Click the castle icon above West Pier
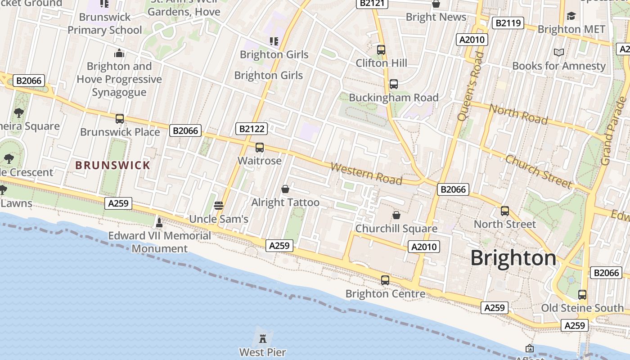pyautogui.click(x=262, y=338)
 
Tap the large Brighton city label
pyautogui.click(x=513, y=258)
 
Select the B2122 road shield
pyautogui.click(x=252, y=129)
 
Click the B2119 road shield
pyautogui.click(x=508, y=23)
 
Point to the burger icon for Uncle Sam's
pyautogui.click(x=219, y=206)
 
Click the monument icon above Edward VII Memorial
pyautogui.click(x=159, y=222)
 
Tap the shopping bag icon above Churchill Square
pyautogui.click(x=396, y=215)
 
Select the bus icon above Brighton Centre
pyautogui.click(x=385, y=280)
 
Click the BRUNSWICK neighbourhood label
pyautogui.click(x=113, y=165)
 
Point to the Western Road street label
pyautogui.click(x=366, y=173)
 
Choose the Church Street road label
pyautogui.click(x=539, y=171)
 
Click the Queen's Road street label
pyautogui.click(x=470, y=86)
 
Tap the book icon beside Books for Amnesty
pyautogui.click(x=559, y=53)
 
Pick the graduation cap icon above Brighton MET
pyautogui.click(x=571, y=16)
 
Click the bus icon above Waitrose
pyautogui.click(x=260, y=147)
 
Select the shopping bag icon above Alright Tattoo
pyautogui.click(x=285, y=189)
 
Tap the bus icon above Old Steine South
pyautogui.click(x=582, y=295)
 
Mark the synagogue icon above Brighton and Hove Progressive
pyautogui.click(x=119, y=53)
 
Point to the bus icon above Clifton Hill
pyautogui.click(x=381, y=49)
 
